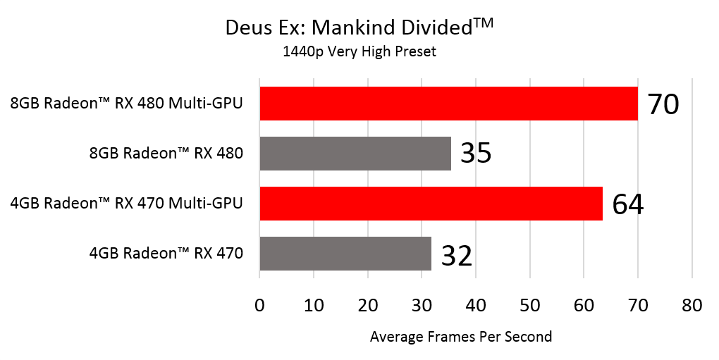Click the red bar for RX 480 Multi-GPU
pyautogui.click(x=448, y=104)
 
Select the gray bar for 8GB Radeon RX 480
pyautogui.click(x=355, y=154)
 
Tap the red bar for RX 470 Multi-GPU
pyautogui.click(x=431, y=204)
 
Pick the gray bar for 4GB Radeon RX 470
pyautogui.click(x=345, y=254)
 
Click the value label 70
pyautogui.click(x=663, y=104)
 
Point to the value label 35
pyautogui.click(x=476, y=154)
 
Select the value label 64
pyautogui.click(x=628, y=204)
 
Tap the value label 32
pyautogui.click(x=457, y=254)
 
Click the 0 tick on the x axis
pyautogui.click(x=260, y=305)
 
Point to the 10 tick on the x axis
pyautogui.click(x=314, y=305)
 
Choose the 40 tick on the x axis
pyautogui.click(x=476, y=305)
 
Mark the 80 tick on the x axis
pyautogui.click(x=692, y=305)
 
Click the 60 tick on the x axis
pyautogui.click(x=584, y=305)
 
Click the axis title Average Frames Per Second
pyautogui.click(x=461, y=337)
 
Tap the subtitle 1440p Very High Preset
pyautogui.click(x=359, y=51)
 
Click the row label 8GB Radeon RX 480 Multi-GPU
pyautogui.click(x=126, y=104)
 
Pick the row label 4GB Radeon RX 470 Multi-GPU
pyautogui.click(x=126, y=204)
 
